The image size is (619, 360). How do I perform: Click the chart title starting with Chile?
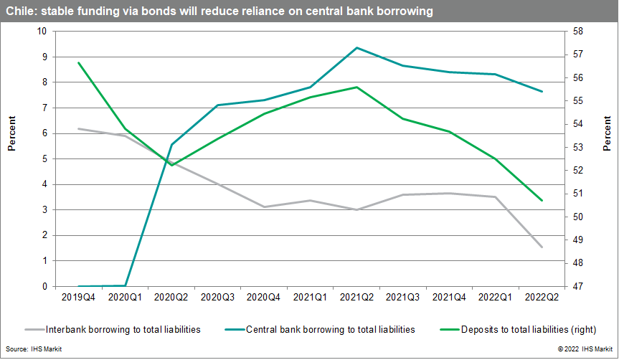pos(218,12)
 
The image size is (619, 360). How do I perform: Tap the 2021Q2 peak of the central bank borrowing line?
pos(356,47)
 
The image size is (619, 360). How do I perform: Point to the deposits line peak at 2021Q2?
pos(356,87)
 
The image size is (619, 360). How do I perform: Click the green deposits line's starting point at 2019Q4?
pos(78,63)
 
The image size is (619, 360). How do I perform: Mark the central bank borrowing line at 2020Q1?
pos(126,285)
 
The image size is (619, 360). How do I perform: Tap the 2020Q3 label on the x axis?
pos(217,295)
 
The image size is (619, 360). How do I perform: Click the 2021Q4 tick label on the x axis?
pos(449,295)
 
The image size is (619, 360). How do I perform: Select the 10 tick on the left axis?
pos(41,32)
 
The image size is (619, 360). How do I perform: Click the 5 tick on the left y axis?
pos(43,159)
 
